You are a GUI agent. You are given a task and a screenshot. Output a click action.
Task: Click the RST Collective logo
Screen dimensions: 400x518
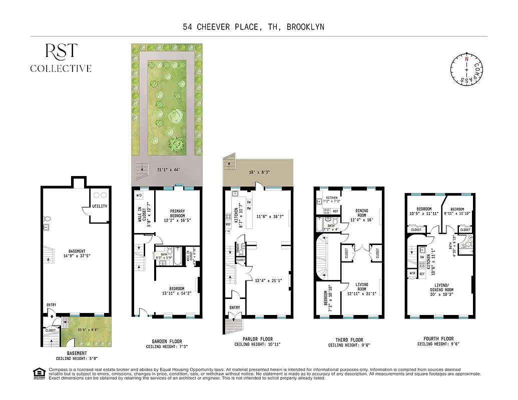[61, 58]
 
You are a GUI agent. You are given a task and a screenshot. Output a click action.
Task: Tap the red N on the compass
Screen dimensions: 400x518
[466, 59]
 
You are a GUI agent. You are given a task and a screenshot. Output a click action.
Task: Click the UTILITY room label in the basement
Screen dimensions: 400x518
[100, 206]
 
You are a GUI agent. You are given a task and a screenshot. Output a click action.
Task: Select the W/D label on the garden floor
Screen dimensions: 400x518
[139, 195]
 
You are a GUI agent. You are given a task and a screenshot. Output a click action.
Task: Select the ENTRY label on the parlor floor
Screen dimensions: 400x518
[235, 307]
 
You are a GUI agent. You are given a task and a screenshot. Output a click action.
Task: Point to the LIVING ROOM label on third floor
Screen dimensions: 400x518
[361, 287]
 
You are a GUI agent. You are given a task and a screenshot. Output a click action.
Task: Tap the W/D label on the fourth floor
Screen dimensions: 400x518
[412, 273]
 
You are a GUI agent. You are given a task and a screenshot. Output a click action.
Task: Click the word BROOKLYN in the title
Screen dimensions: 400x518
[305, 27]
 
